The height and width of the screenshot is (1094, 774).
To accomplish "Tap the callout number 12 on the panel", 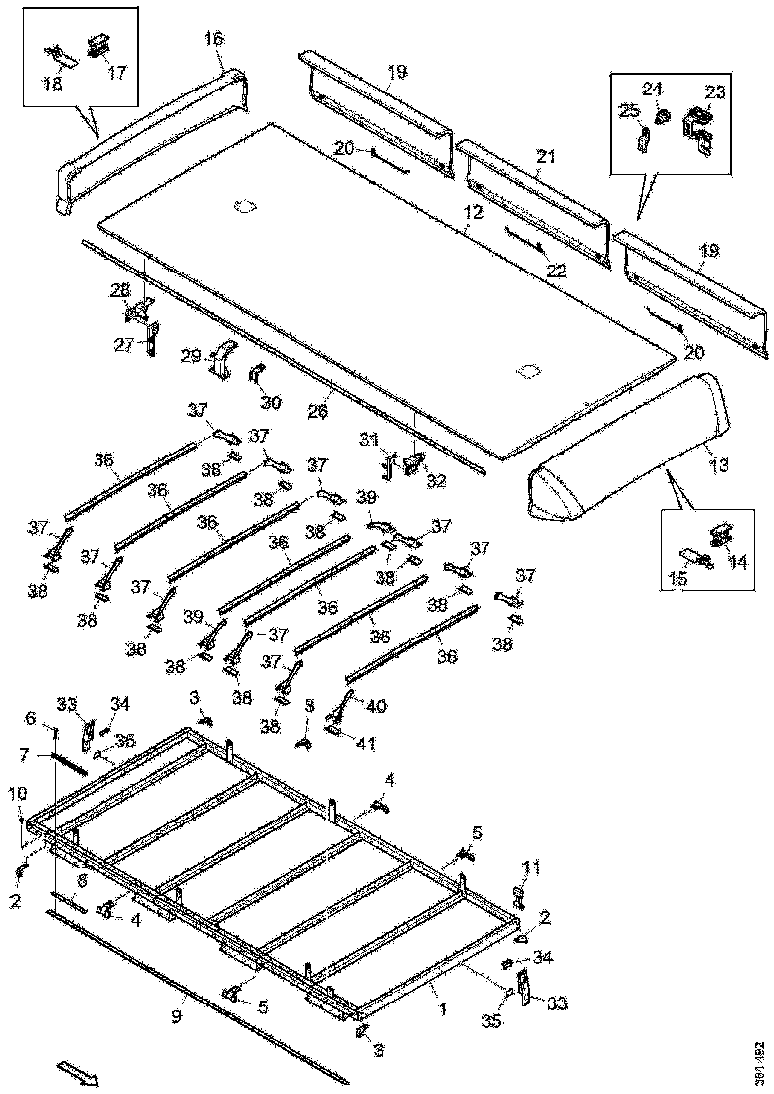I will click(471, 212).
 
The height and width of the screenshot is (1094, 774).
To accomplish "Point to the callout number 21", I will click(546, 156).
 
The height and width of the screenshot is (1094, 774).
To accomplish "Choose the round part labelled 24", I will click(660, 117).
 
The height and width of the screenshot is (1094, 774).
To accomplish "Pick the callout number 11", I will click(533, 868).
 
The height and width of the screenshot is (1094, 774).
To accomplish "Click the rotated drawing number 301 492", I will click(759, 1062).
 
